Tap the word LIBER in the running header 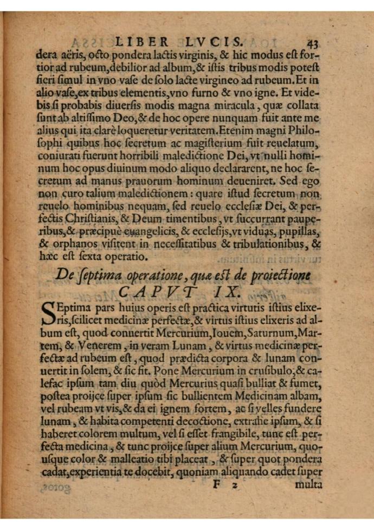point(139,42)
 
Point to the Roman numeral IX point(226,292)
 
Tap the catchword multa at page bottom point(309,484)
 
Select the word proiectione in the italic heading point(285,275)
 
